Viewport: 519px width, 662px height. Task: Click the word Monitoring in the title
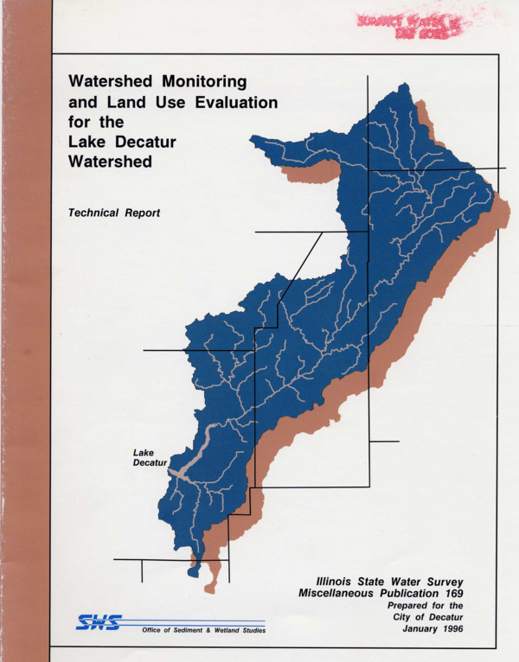pyautogui.click(x=198, y=81)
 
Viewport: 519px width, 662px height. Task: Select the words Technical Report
pyautogui.click(x=114, y=213)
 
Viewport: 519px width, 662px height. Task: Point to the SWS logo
pyautogui.click(x=99, y=622)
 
